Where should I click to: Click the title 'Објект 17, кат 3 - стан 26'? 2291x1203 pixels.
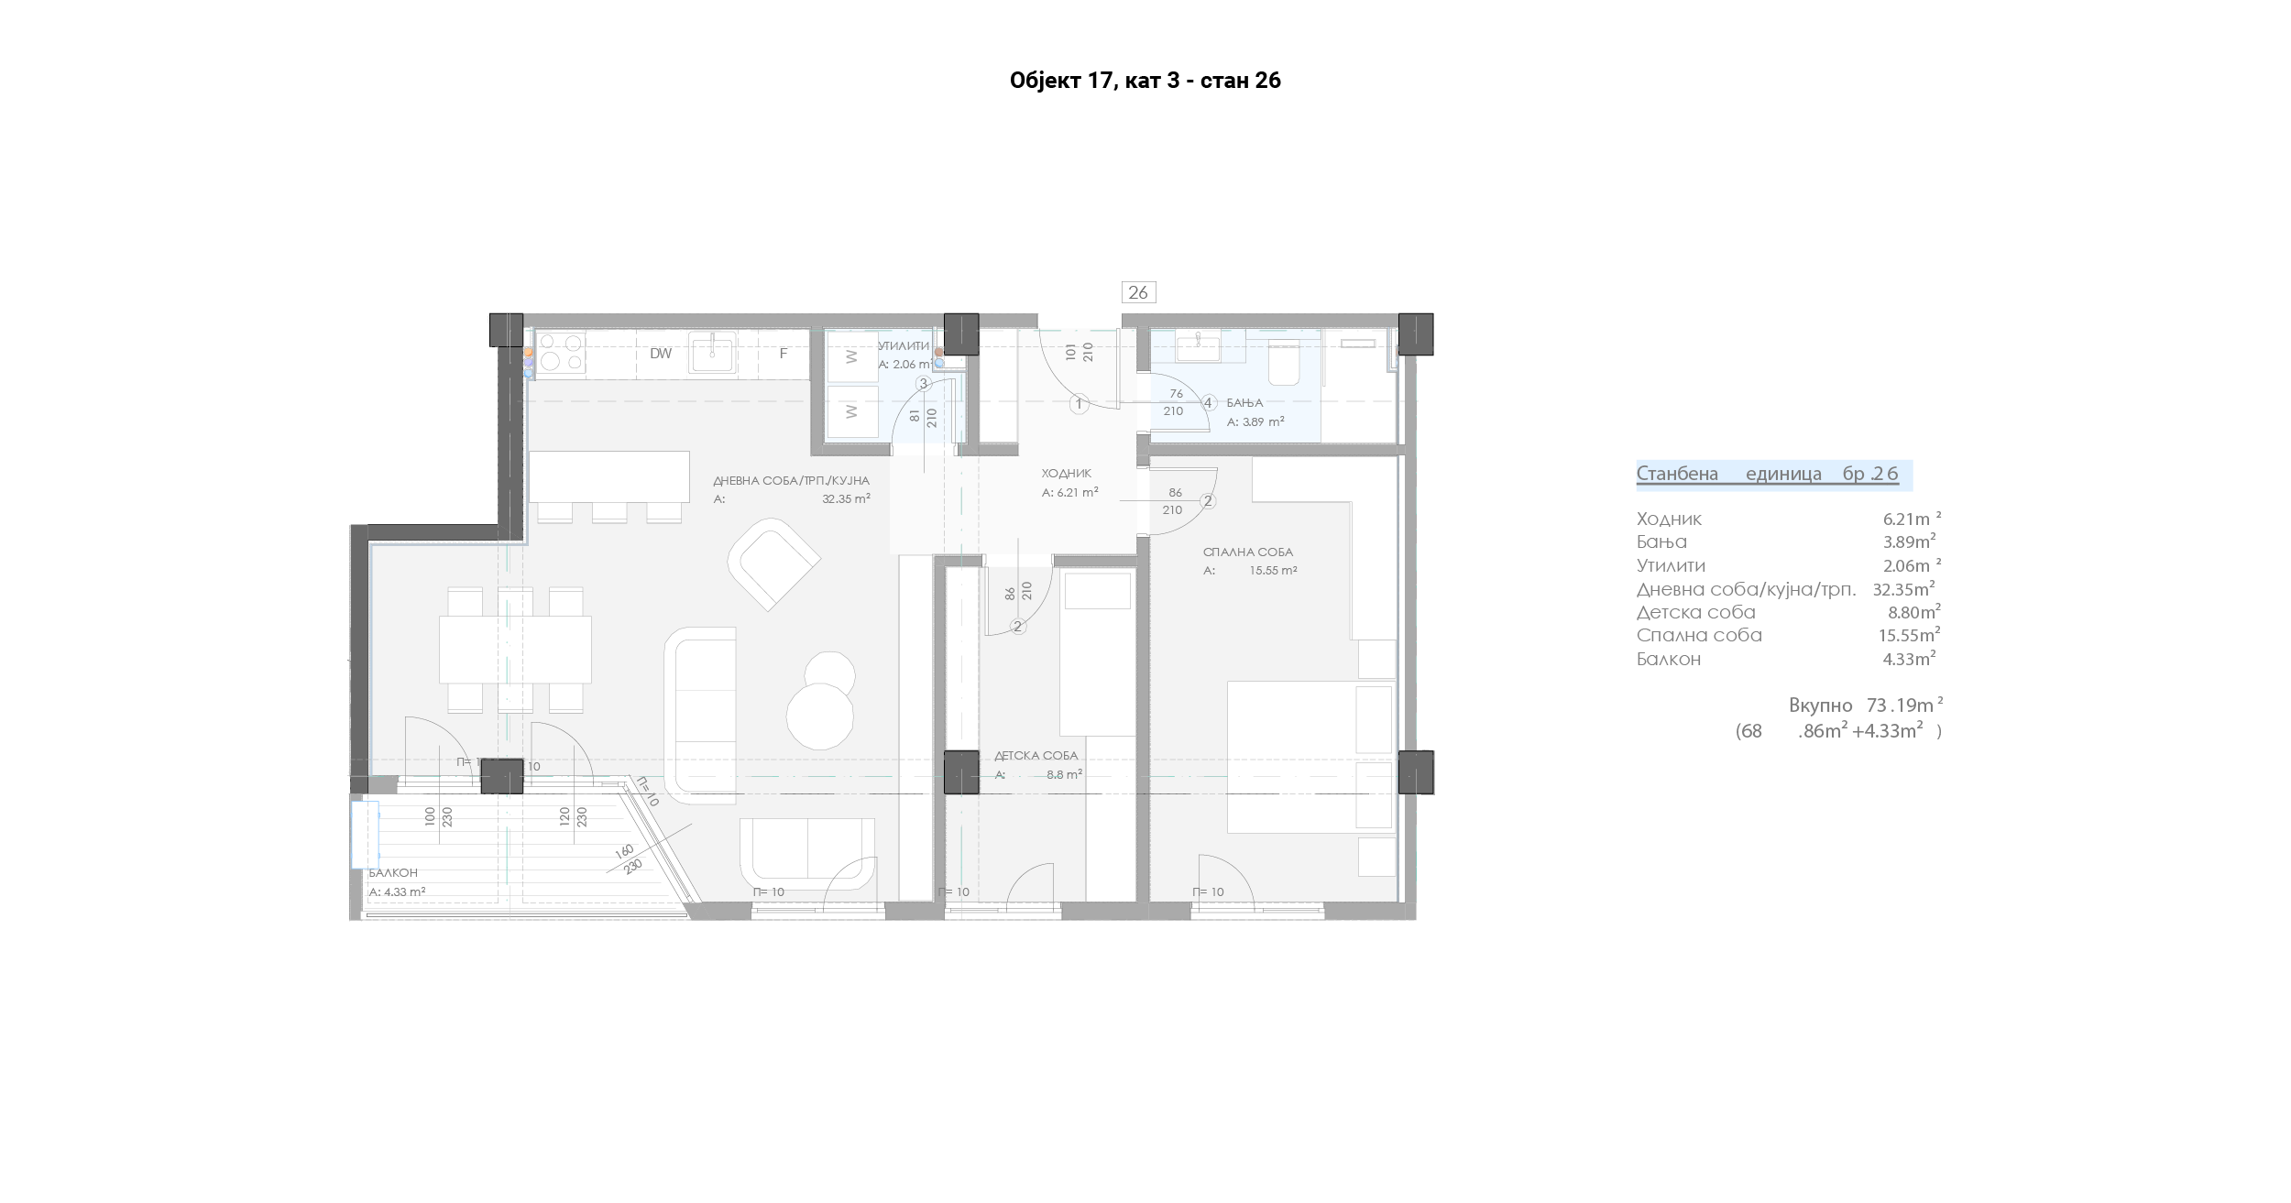click(1145, 82)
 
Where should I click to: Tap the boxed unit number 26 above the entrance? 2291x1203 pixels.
click(1138, 292)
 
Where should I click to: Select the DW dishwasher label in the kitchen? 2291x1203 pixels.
click(661, 354)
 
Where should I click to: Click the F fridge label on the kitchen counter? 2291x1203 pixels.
click(784, 353)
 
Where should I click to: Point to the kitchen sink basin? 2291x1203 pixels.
click(712, 354)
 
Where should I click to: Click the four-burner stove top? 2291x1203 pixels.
click(561, 354)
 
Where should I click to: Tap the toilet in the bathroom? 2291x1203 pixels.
click(1283, 363)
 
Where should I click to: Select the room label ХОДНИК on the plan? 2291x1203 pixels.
click(1066, 474)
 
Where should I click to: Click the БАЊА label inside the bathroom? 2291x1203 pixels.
click(1244, 403)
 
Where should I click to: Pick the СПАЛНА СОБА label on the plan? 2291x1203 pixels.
click(1248, 552)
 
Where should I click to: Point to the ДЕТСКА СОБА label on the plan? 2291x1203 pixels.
click(1036, 756)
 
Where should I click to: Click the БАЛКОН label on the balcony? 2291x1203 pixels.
click(393, 873)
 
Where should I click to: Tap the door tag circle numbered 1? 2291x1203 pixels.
click(1080, 404)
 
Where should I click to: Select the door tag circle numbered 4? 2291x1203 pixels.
click(1209, 403)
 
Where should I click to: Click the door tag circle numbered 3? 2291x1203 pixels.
click(924, 384)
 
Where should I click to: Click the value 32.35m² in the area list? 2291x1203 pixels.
click(1903, 589)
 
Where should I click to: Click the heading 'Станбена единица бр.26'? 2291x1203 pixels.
click(1768, 475)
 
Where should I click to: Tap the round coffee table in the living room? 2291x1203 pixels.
click(820, 717)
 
